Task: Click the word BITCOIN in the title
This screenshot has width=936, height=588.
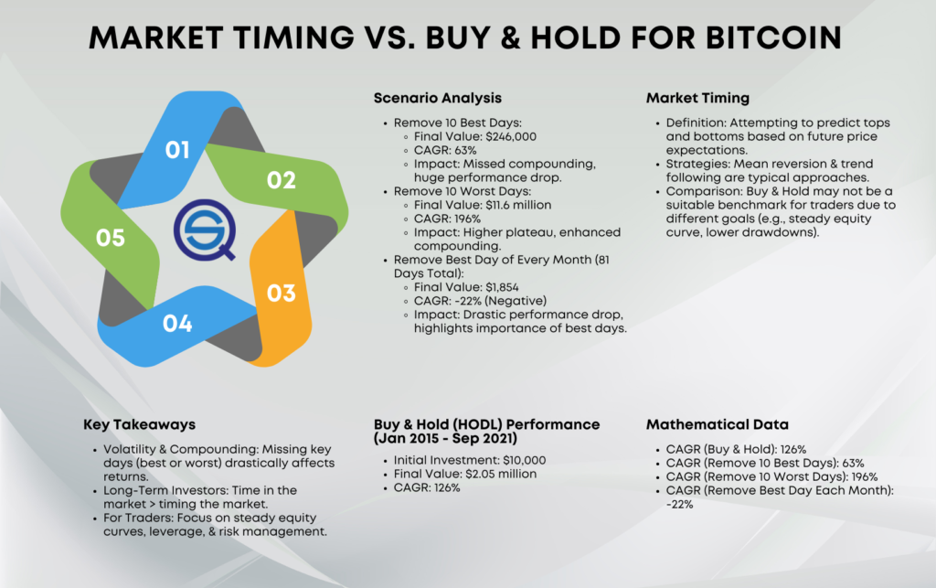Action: tap(773, 37)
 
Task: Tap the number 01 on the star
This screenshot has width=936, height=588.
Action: tap(177, 150)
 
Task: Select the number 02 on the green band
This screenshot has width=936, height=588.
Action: tap(282, 180)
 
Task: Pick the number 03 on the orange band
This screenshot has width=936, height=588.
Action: tap(282, 294)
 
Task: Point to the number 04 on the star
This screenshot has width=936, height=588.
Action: tap(177, 324)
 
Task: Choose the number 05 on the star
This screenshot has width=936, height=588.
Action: tap(111, 238)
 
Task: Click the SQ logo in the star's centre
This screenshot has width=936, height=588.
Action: tap(205, 230)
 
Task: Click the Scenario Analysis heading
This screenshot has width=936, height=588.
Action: tap(438, 98)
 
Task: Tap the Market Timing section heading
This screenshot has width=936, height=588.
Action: tap(697, 98)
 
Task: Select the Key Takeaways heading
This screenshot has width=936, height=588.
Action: tap(140, 424)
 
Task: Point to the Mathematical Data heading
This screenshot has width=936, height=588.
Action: tap(718, 424)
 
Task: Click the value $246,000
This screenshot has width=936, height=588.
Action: tap(511, 136)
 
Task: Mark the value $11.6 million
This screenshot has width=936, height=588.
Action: tap(518, 206)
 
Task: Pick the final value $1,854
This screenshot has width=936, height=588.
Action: tap(502, 288)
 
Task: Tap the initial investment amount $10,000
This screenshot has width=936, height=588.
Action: tap(524, 460)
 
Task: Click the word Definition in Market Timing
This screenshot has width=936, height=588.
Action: tap(696, 123)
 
